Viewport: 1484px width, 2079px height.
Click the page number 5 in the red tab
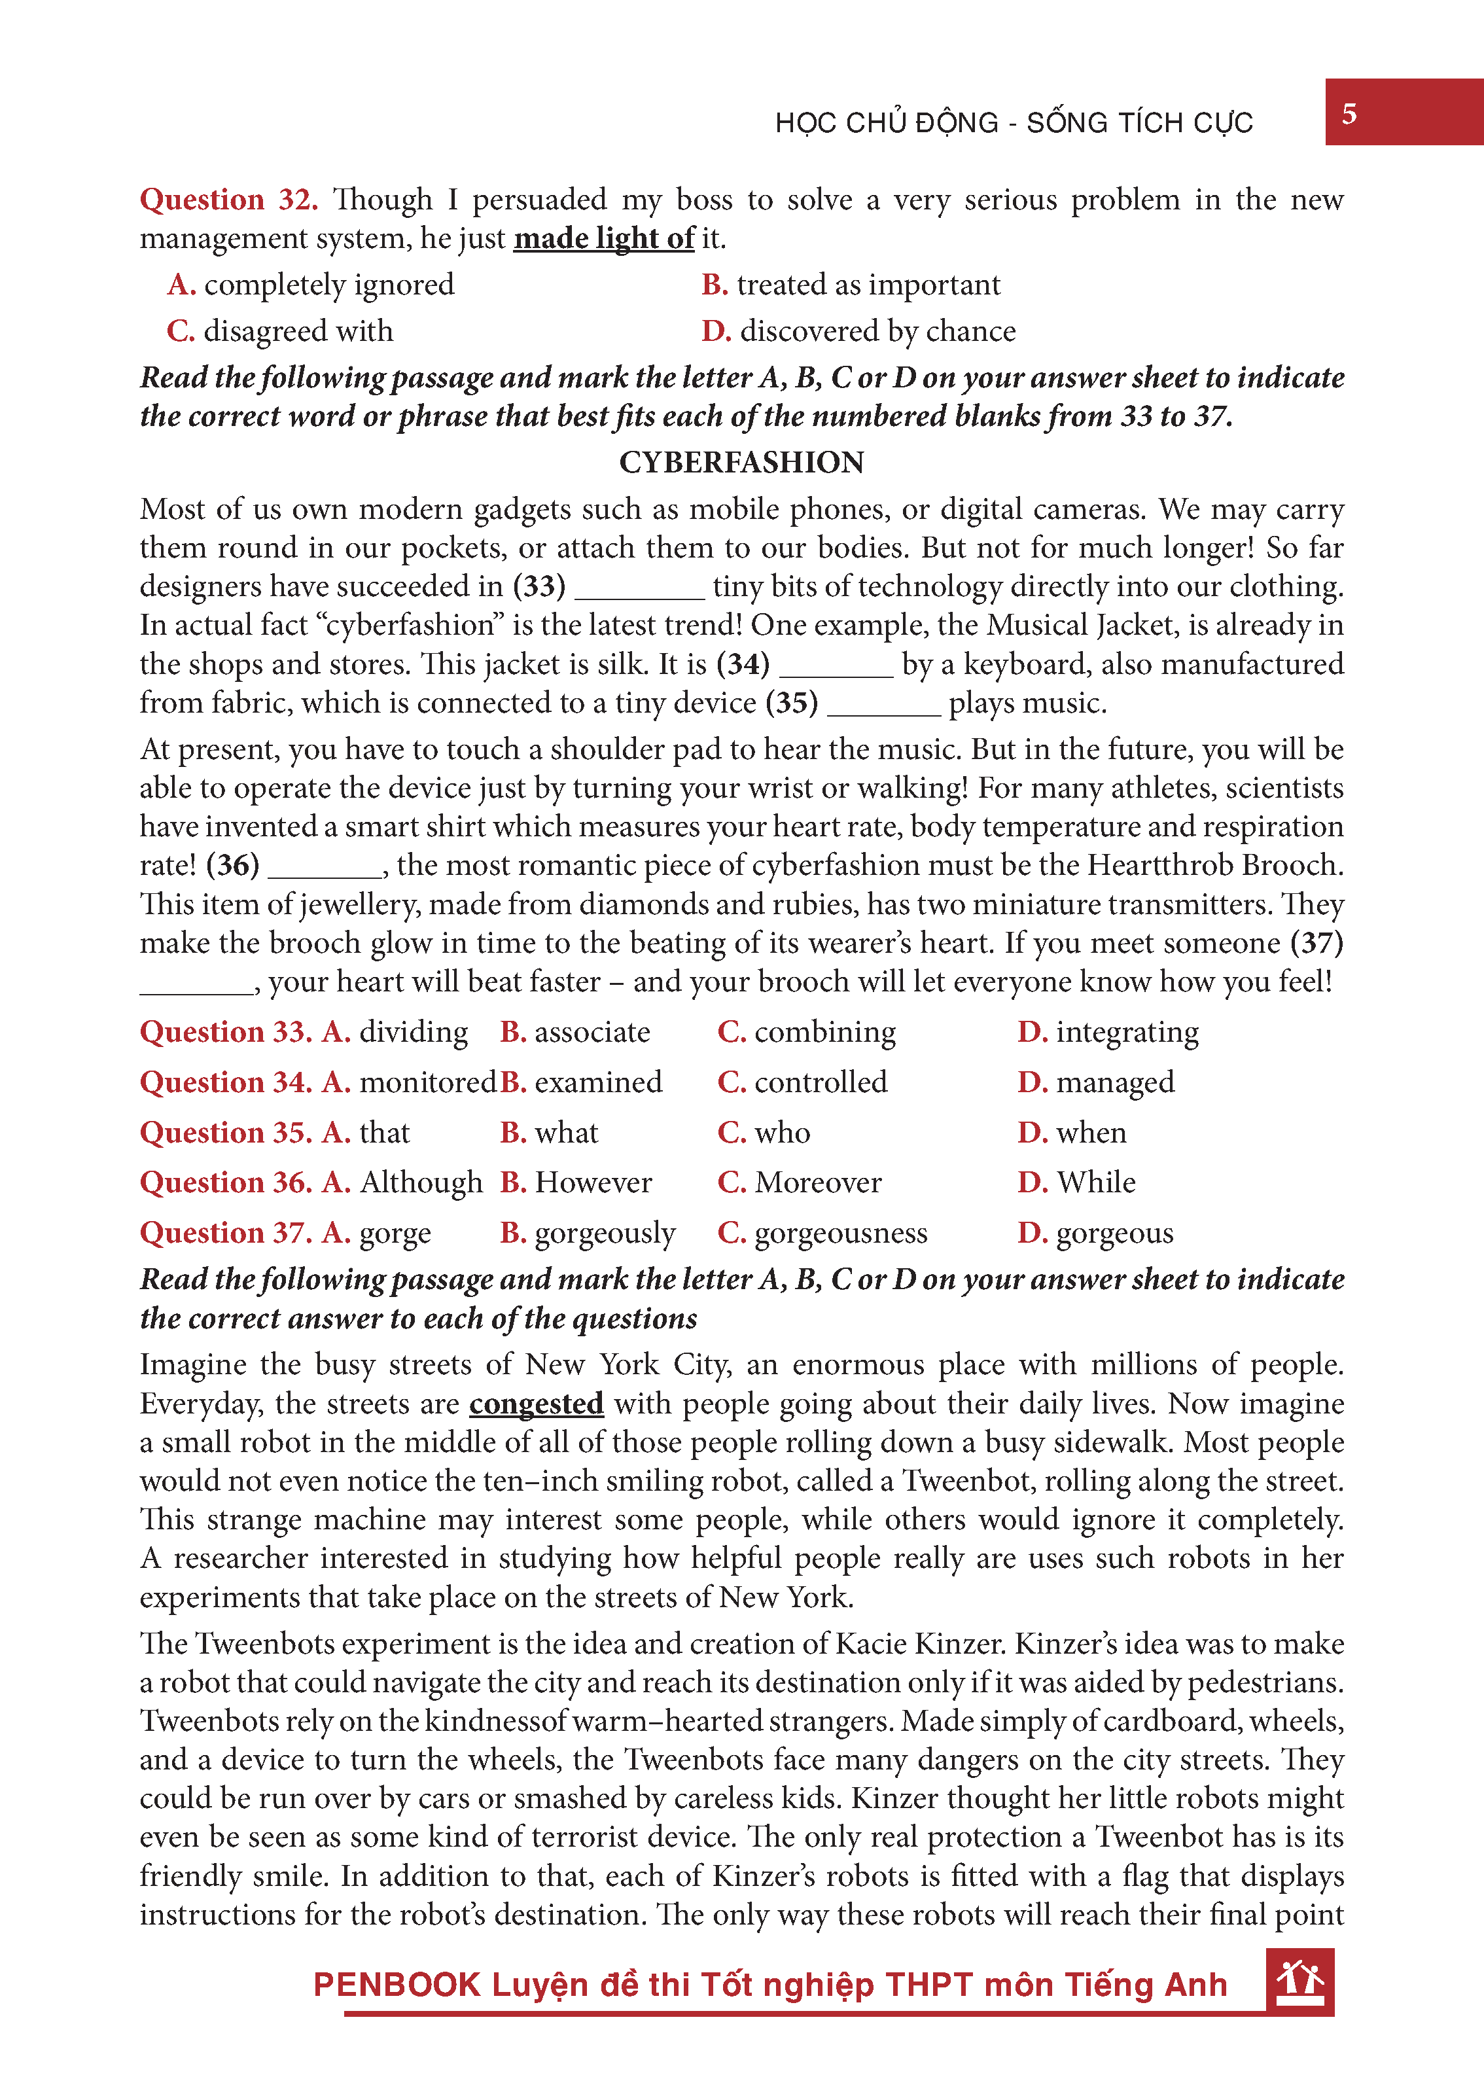[1349, 115]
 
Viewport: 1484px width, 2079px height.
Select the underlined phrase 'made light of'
[604, 238]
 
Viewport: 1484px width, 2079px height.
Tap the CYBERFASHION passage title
[741, 463]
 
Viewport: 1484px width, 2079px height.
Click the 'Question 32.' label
[228, 199]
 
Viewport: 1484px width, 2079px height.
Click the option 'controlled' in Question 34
[821, 1082]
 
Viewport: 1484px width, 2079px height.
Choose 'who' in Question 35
[782, 1132]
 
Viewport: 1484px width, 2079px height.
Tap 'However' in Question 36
[593, 1182]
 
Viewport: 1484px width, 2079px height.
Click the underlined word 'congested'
[537, 1403]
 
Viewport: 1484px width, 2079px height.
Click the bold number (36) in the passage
[232, 864]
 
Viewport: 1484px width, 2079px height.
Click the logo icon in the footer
[1299, 1980]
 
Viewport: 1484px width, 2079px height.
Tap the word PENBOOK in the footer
[397, 1984]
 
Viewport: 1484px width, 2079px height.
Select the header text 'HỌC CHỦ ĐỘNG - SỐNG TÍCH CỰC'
[1014, 122]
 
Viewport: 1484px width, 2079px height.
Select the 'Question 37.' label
[226, 1233]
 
